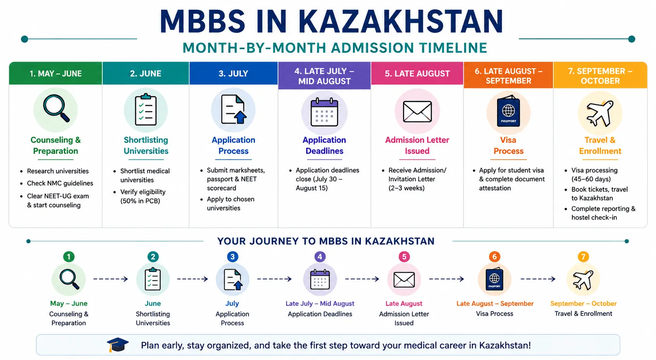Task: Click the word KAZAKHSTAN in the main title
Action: click(401, 22)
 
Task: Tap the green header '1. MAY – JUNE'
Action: click(56, 73)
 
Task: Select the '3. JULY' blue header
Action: click(233, 73)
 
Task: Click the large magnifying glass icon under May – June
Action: click(57, 109)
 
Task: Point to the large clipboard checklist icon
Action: click(146, 110)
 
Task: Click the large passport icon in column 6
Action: click(508, 111)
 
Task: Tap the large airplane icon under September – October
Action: click(600, 113)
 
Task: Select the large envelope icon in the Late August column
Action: click(417, 112)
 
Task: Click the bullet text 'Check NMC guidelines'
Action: click(60, 183)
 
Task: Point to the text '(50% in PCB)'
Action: click(140, 201)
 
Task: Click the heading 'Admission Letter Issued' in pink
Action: click(417, 145)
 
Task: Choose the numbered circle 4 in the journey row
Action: click(320, 257)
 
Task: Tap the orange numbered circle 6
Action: click(494, 257)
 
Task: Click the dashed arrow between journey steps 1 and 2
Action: click(111, 279)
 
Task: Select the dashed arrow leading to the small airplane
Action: click(538, 279)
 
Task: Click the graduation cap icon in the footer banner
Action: click(117, 345)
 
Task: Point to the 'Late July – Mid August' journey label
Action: click(320, 303)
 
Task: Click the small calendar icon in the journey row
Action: click(320, 279)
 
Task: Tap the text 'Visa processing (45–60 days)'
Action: click(594, 175)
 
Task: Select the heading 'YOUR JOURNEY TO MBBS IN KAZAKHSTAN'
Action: click(326, 241)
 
